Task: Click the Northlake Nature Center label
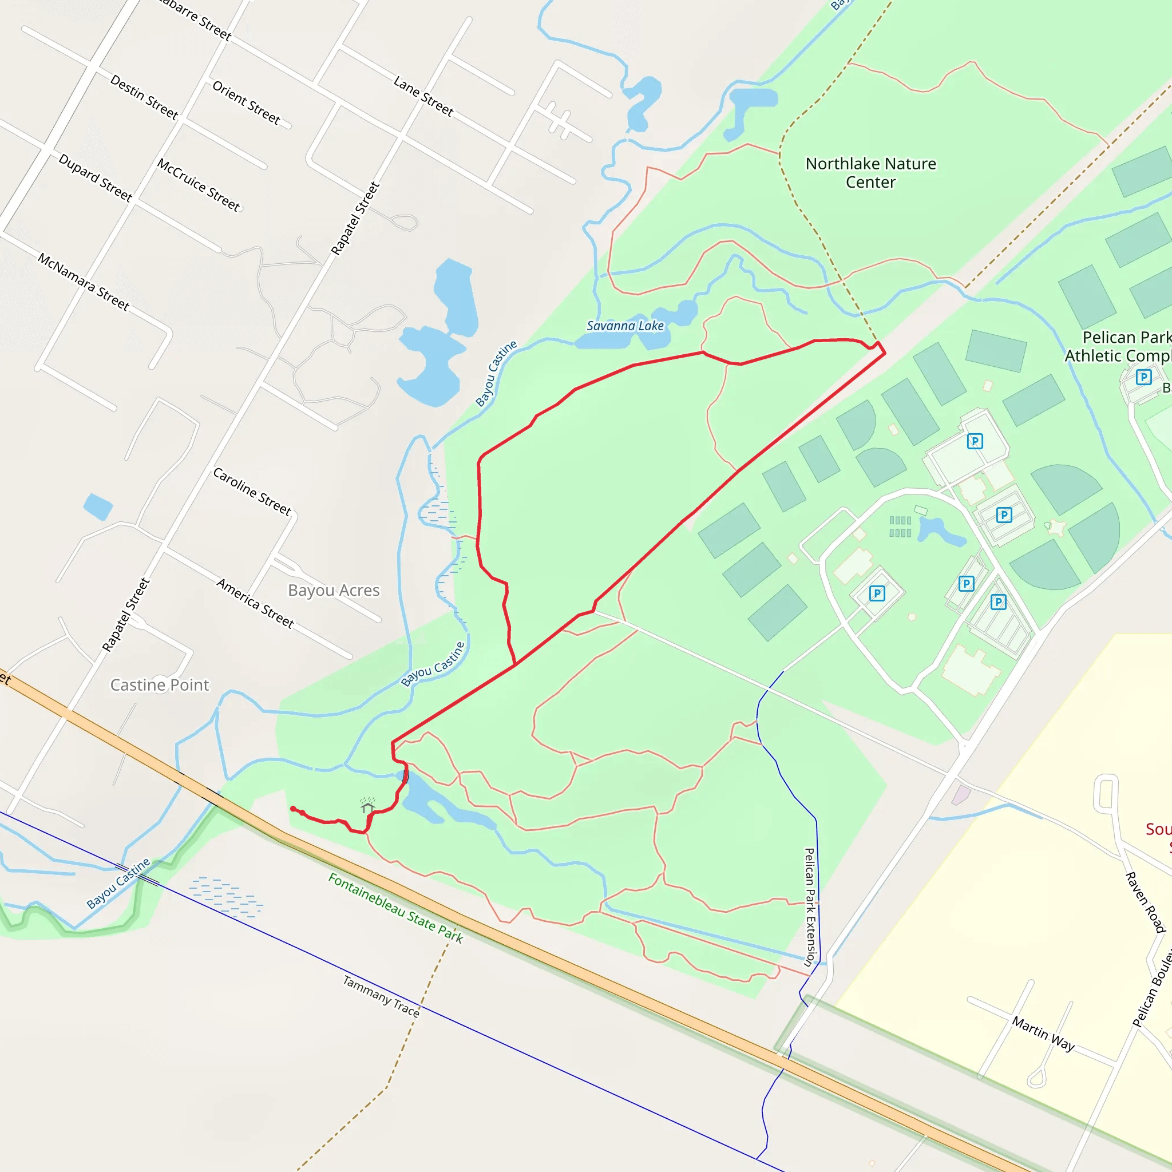click(870, 173)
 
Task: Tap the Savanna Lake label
click(625, 326)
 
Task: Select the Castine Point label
click(160, 685)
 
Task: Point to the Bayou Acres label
click(334, 590)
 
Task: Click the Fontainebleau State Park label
click(395, 908)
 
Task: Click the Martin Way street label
click(1043, 1034)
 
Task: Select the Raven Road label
click(1145, 902)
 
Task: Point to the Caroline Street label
click(252, 492)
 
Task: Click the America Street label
click(255, 604)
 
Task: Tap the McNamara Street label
click(84, 282)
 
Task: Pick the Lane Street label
click(423, 96)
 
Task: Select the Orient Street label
click(246, 103)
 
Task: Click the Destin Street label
click(144, 97)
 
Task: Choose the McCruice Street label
click(199, 184)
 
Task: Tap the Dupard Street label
click(95, 178)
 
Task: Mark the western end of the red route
click(293, 809)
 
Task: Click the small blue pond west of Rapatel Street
click(98, 506)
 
